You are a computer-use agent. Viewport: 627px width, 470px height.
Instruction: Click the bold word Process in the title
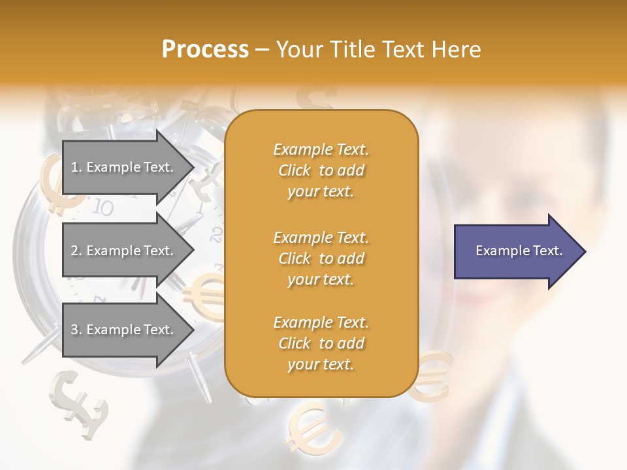[205, 50]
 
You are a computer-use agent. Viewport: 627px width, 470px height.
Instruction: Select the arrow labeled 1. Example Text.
[124, 167]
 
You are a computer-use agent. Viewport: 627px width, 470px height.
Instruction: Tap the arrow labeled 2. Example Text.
[124, 251]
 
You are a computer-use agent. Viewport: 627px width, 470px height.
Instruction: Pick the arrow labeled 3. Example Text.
[124, 330]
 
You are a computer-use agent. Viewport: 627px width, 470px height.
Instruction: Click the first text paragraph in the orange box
[321, 170]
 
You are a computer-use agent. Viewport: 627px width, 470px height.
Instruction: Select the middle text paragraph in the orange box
[321, 258]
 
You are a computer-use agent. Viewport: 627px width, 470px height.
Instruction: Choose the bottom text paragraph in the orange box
[321, 343]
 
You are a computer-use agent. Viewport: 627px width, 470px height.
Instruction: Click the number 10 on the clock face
[103, 208]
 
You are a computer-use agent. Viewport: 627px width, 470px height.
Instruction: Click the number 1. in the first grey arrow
[76, 167]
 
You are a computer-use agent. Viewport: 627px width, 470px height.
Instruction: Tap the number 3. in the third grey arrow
[76, 330]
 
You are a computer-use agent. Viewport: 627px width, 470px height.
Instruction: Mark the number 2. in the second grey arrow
[76, 251]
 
